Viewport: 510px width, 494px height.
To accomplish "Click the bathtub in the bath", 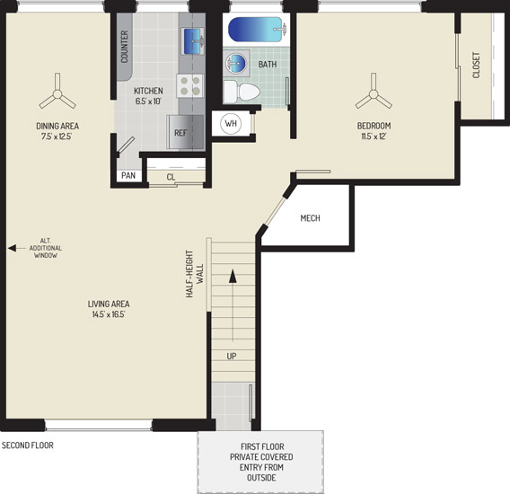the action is (x=257, y=30).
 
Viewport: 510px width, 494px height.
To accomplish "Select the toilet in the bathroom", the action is (x=242, y=92).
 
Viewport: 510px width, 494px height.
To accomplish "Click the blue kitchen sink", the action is (x=193, y=41).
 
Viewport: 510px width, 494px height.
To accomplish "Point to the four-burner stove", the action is (x=190, y=85).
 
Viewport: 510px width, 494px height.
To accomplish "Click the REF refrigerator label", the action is (x=180, y=133).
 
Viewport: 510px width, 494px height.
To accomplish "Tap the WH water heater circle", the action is (x=231, y=124).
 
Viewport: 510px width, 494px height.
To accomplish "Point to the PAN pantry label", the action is (x=128, y=175).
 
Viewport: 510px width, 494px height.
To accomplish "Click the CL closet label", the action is (x=171, y=177).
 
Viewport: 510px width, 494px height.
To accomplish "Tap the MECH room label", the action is (x=310, y=218).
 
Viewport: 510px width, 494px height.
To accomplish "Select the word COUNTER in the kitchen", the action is (x=125, y=47).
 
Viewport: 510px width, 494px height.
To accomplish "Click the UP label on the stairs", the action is (x=232, y=357).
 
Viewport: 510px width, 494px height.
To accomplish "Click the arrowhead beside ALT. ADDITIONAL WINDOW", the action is (x=12, y=248).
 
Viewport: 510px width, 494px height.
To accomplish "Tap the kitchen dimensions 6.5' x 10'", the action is (x=148, y=101).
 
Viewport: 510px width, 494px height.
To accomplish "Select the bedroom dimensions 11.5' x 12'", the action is (x=374, y=136).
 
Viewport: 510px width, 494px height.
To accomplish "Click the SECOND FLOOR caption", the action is (x=28, y=445).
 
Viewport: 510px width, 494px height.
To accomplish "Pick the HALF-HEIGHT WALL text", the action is (x=195, y=274).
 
